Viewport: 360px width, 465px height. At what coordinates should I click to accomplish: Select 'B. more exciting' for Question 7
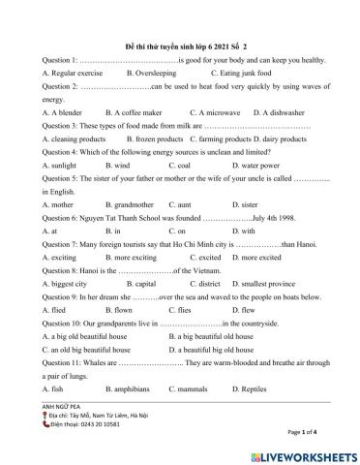(135, 259)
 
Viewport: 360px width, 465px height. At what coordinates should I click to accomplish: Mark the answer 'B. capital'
(133, 285)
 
